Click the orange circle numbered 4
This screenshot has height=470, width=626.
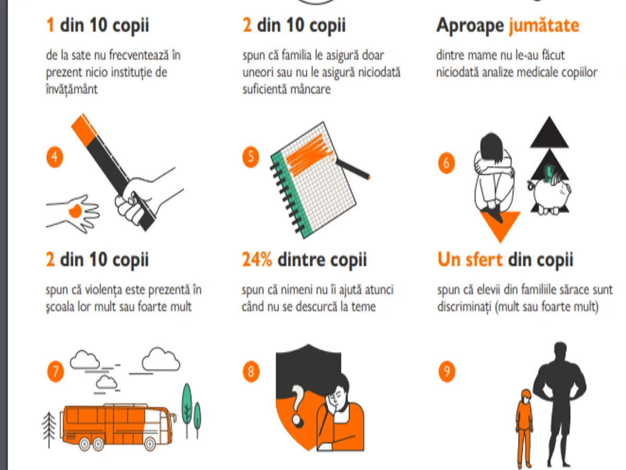click(54, 157)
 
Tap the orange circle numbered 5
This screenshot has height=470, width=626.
click(251, 157)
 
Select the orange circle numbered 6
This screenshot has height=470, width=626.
click(447, 163)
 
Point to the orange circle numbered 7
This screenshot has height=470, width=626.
click(55, 371)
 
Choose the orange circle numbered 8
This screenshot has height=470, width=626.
click(251, 371)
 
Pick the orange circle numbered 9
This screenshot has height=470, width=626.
click(447, 371)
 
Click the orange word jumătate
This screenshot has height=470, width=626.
click(544, 26)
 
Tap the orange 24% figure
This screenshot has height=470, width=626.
click(257, 260)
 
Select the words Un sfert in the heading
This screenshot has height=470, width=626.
click(469, 260)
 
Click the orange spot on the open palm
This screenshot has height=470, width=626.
click(75, 211)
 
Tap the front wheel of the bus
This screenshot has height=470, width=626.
click(150, 444)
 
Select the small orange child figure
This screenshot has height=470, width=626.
click(524, 427)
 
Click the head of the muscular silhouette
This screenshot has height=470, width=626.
click(560, 350)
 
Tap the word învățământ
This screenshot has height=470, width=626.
click(72, 89)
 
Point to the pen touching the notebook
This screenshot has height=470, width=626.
click(353, 169)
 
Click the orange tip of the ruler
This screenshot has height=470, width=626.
click(84, 130)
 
